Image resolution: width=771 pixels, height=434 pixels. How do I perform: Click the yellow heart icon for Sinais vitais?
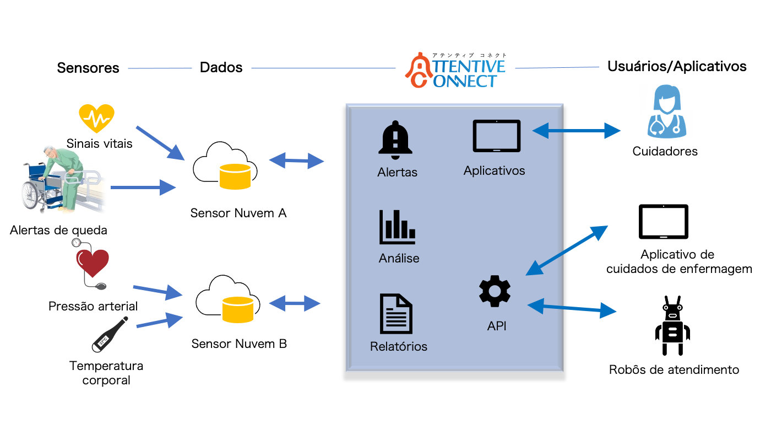(96, 118)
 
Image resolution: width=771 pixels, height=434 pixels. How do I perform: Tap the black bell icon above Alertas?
(395, 140)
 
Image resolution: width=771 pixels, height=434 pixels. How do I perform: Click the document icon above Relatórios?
(396, 314)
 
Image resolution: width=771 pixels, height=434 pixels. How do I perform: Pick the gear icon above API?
(495, 291)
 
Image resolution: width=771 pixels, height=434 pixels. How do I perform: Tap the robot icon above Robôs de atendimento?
(672, 325)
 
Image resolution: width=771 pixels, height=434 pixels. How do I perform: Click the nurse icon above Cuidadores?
(667, 111)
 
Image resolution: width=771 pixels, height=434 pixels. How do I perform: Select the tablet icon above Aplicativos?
(496, 136)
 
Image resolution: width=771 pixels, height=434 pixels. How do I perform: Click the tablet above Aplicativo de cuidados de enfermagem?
(663, 222)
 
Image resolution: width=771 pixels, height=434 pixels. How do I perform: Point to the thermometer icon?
(110, 335)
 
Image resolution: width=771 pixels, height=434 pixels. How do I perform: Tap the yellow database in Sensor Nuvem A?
(235, 177)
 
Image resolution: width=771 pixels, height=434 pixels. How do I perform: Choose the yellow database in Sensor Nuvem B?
(238, 309)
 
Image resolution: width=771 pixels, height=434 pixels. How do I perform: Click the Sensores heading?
(88, 68)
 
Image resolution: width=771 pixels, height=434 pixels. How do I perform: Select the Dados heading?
(221, 67)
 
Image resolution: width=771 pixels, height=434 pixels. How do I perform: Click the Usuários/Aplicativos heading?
(677, 66)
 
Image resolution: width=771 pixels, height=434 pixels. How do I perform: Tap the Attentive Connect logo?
(455, 70)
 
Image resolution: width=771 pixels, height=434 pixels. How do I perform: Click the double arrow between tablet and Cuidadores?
(576, 131)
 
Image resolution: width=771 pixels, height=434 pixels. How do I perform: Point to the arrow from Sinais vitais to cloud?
(160, 143)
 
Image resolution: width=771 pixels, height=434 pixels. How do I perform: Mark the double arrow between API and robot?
(572, 308)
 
